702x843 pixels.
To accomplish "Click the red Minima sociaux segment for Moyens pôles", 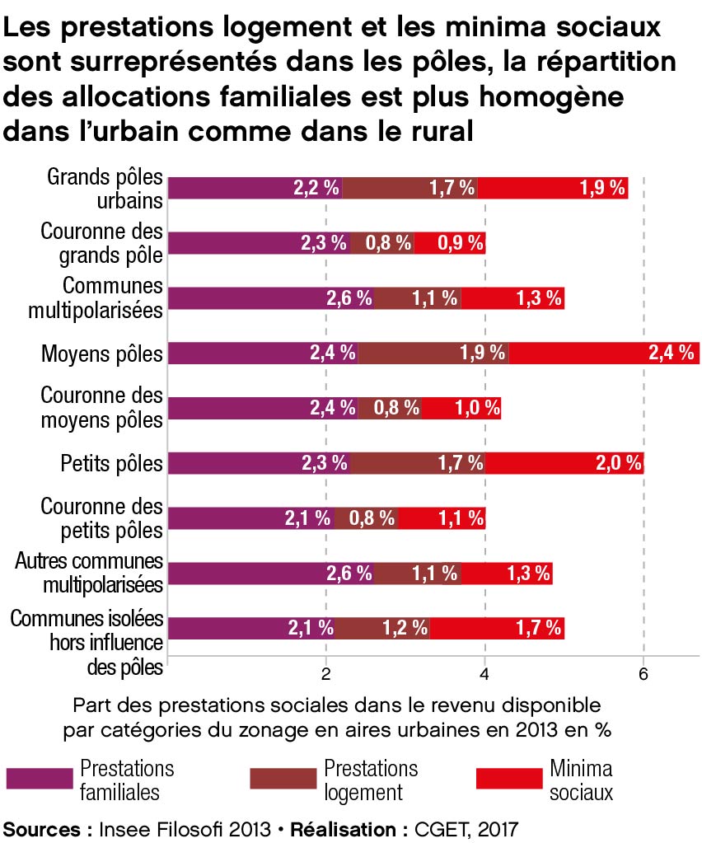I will pos(604,354).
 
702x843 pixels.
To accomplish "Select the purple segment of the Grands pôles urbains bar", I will pos(255,188).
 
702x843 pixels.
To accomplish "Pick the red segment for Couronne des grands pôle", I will pos(450,243).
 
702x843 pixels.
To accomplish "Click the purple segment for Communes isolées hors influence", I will pos(250,629).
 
